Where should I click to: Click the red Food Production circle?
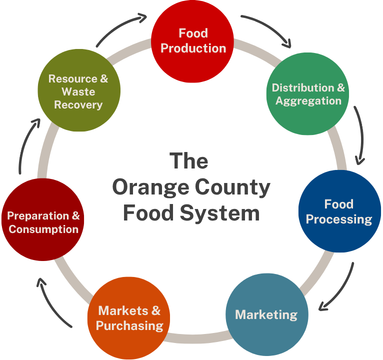190,40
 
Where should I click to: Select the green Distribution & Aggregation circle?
309,93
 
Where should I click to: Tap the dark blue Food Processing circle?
339,211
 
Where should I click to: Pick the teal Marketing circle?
265,315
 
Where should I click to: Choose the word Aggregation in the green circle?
307,101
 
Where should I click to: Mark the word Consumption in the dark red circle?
43,229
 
